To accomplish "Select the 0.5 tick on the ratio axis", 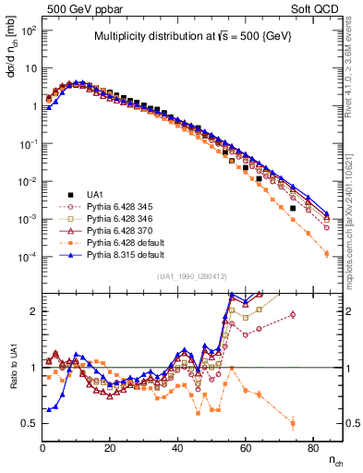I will point(30,423).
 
